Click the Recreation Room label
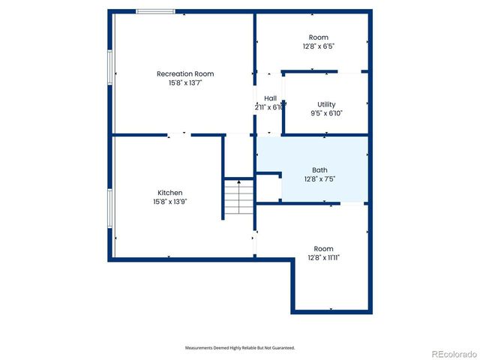click(184, 73)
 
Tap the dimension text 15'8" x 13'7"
click(184, 82)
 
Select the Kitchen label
click(169, 193)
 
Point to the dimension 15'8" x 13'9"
click(169, 202)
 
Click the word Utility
click(326, 104)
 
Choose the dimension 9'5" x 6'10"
click(326, 113)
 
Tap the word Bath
click(319, 169)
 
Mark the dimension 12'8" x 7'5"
click(319, 178)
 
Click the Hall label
click(270, 98)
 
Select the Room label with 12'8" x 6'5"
click(319, 37)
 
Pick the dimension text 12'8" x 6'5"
click(319, 46)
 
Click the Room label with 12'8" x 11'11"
click(323, 249)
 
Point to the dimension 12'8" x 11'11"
click(323, 258)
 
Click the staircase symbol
click(239, 198)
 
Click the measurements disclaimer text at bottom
click(240, 348)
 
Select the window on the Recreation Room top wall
click(155, 11)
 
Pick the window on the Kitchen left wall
click(110, 209)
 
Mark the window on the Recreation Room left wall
click(110, 66)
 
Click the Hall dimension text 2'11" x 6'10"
click(269, 107)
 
